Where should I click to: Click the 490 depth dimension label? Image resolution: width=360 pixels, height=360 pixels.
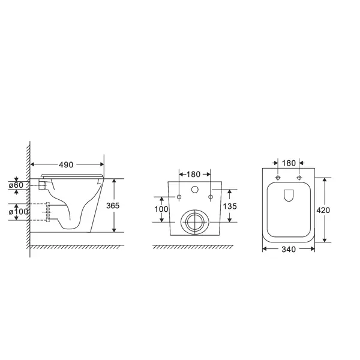(x=66, y=164)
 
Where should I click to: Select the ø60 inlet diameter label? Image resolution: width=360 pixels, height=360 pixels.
(x=16, y=185)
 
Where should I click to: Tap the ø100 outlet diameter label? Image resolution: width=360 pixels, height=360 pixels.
(x=19, y=212)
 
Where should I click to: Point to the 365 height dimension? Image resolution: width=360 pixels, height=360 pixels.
(x=113, y=206)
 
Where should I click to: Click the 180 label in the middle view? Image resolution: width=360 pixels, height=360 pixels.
(x=193, y=175)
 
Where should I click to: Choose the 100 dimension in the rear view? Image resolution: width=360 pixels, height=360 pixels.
(x=161, y=209)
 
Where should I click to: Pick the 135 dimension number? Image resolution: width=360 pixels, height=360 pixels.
(x=230, y=206)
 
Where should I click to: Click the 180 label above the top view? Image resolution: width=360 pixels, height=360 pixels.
(x=289, y=163)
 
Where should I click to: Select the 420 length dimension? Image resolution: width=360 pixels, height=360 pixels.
(x=323, y=210)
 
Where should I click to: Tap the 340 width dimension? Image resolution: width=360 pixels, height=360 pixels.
(x=289, y=250)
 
